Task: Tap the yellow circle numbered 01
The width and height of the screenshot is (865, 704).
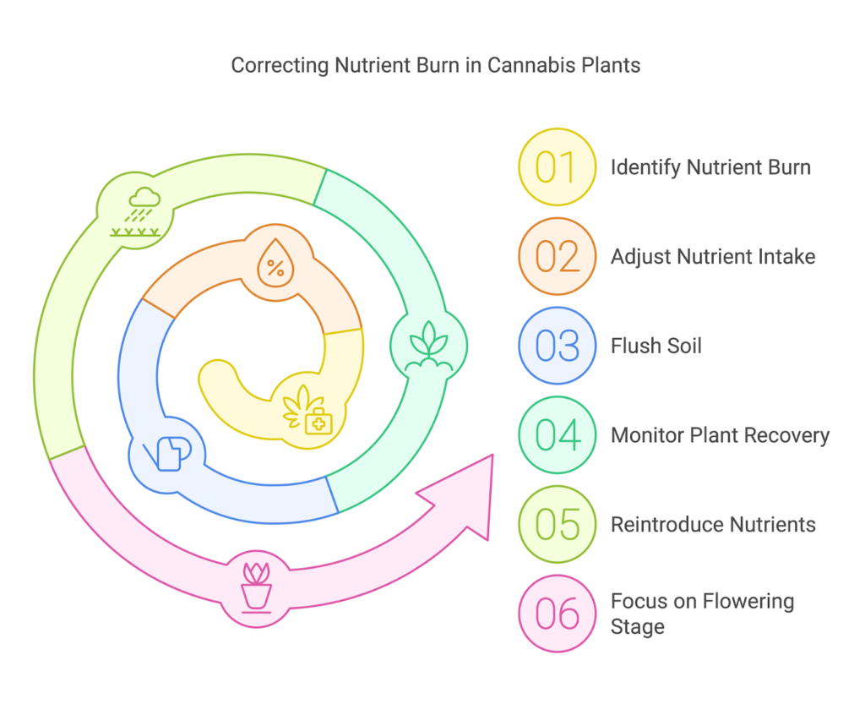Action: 557,166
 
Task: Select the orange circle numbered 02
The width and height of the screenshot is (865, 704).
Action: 557,256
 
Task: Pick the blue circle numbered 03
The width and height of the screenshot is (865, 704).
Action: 557,346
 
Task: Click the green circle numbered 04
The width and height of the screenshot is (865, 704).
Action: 557,434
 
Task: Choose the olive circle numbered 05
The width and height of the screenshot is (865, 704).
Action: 557,524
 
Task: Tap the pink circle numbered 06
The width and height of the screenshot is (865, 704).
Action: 557,614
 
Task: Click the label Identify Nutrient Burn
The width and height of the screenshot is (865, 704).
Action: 710,167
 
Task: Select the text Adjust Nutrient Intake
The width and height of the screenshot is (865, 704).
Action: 713,256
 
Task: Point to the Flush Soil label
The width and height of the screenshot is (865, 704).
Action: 656,346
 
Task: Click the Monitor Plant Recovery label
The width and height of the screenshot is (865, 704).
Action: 720,435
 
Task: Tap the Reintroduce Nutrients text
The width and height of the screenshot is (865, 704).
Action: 713,525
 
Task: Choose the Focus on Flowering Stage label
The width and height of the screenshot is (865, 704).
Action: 702,614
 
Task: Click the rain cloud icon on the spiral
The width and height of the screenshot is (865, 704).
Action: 136,211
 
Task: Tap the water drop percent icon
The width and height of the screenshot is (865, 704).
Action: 275,264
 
